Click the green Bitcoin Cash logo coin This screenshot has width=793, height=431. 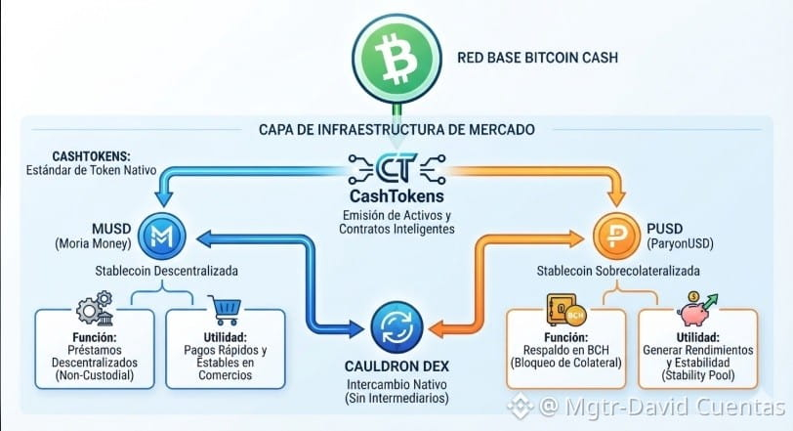397,59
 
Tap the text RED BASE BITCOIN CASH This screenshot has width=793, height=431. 537,58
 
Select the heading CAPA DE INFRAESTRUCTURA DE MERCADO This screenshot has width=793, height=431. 396,130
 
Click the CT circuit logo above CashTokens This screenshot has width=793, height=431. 397,168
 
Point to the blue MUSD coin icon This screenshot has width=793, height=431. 162,237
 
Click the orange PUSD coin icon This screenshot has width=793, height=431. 617,237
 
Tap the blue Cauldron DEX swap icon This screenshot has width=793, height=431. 397,327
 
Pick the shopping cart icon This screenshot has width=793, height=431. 225,310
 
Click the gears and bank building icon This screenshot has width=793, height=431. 95,308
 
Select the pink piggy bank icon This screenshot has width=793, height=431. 697,309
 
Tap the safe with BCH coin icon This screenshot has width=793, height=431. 565,310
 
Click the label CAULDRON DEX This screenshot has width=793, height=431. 397,366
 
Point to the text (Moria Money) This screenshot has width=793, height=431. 93,243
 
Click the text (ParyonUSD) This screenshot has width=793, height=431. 681,243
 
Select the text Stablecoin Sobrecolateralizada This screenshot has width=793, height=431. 618,271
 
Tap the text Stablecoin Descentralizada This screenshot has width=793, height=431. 166,271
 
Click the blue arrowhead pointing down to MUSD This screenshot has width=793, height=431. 163,199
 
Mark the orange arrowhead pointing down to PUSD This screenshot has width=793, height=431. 616,199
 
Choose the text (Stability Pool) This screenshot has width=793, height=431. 698,375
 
